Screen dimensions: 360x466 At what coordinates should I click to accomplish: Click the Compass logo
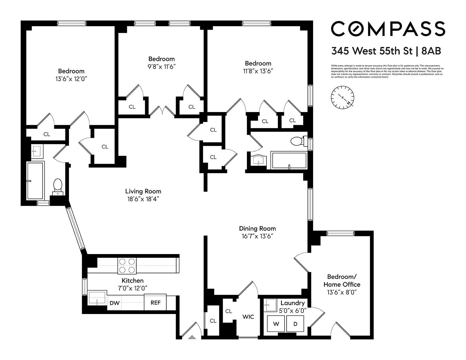pos(388,29)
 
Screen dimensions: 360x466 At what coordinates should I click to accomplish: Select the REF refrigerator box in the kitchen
pos(155,303)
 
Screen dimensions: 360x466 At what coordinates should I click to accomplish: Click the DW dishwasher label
pos(114,303)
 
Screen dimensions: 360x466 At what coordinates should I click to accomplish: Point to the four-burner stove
pos(127,266)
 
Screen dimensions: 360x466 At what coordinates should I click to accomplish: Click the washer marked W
pos(276,324)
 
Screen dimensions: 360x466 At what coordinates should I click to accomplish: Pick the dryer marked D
pos(295,324)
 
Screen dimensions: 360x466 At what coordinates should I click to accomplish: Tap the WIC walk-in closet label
pos(248,317)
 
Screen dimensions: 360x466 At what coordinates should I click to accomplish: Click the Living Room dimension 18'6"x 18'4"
pos(143,199)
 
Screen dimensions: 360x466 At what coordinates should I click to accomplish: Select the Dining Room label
pos(257,228)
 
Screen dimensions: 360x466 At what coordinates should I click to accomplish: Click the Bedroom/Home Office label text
pos(342,281)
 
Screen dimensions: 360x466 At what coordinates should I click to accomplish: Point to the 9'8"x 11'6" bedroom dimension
pos(161,67)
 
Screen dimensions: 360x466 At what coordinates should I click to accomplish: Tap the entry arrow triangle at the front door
pos(192,337)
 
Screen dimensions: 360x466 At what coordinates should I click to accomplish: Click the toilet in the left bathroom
pos(58,186)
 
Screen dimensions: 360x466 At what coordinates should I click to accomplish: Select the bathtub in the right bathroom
pos(289,160)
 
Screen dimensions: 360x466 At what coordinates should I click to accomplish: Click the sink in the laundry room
pos(268,305)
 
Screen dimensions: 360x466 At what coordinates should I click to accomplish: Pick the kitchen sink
pos(97,298)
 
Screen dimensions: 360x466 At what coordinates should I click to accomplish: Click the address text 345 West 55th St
pos(372,51)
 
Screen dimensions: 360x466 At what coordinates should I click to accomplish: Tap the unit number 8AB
pos(431,51)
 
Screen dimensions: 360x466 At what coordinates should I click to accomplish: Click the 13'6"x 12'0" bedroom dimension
pos(71,79)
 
